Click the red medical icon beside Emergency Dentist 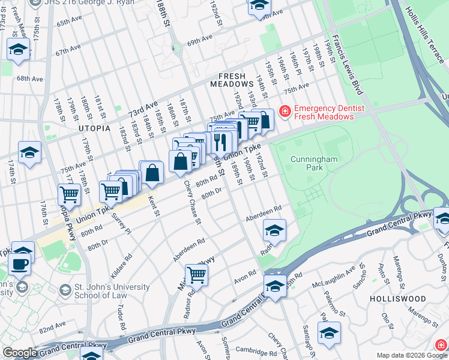283,112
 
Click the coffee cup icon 20,263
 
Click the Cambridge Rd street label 255,350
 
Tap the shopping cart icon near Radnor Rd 196,275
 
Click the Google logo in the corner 20,353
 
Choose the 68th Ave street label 29,79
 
